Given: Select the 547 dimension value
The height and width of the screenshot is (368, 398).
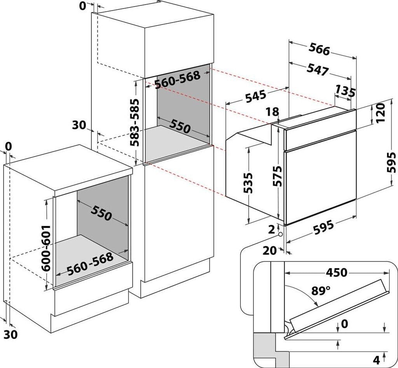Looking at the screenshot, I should point(318,69).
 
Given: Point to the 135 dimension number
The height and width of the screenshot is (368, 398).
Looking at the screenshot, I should point(345,92).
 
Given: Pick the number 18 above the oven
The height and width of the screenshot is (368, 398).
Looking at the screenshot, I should point(273,112).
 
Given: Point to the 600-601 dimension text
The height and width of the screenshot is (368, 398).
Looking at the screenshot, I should point(46,248).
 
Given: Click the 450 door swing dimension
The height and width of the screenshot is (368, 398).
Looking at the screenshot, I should point(336,273).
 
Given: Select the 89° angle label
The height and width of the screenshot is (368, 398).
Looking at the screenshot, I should point(321,291).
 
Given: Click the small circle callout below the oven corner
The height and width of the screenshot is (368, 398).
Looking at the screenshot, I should point(280,234).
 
